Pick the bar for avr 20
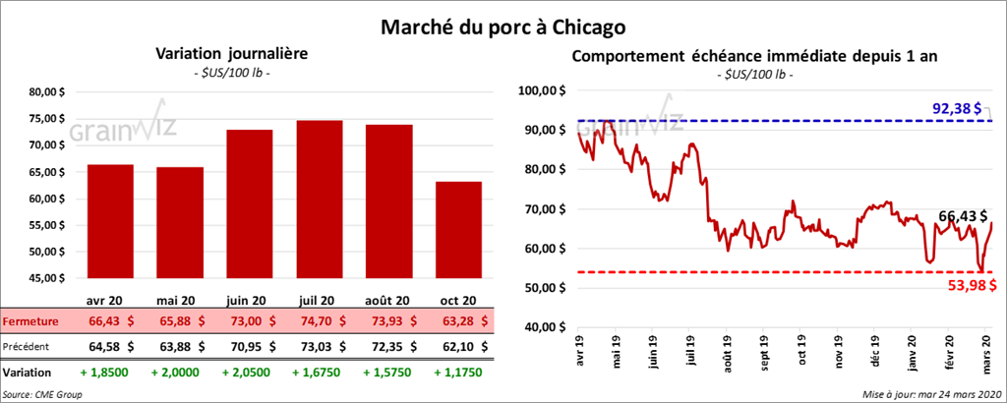click(111, 222)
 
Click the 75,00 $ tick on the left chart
click(42, 118)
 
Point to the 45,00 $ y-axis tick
click(42, 278)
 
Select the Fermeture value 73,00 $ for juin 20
click(252, 321)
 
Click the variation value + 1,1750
click(459, 374)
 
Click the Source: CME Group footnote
click(42, 393)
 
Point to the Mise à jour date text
click(928, 393)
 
